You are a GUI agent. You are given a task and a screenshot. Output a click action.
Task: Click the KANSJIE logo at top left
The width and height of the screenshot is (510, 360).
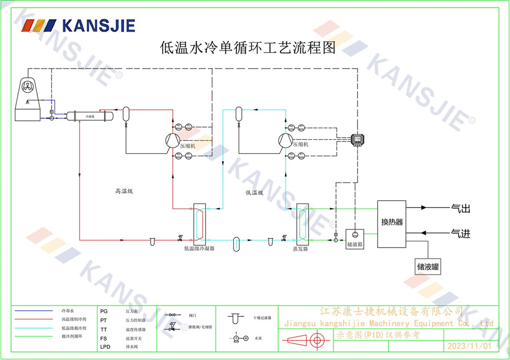pos(79,25)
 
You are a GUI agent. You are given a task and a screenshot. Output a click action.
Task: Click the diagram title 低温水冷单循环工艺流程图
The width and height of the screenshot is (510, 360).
pos(248,48)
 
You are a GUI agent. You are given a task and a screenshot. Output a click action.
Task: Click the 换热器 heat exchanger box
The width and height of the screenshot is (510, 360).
pos(392,222)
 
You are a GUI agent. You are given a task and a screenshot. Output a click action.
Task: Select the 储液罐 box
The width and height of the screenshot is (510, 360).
pos(428,266)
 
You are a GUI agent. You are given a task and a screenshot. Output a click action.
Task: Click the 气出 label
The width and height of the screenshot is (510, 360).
pos(460,208)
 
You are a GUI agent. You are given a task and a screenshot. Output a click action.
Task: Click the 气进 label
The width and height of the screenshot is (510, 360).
pos(460,234)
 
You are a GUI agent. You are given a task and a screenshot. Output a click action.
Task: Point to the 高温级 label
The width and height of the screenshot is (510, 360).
pos(124,192)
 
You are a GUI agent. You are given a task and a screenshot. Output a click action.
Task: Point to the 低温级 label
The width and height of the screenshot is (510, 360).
pos(254,193)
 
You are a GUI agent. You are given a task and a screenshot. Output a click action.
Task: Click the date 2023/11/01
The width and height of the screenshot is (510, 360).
pos(469,346)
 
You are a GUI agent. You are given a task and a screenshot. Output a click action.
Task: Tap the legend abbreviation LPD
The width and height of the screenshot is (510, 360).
pos(105,347)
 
